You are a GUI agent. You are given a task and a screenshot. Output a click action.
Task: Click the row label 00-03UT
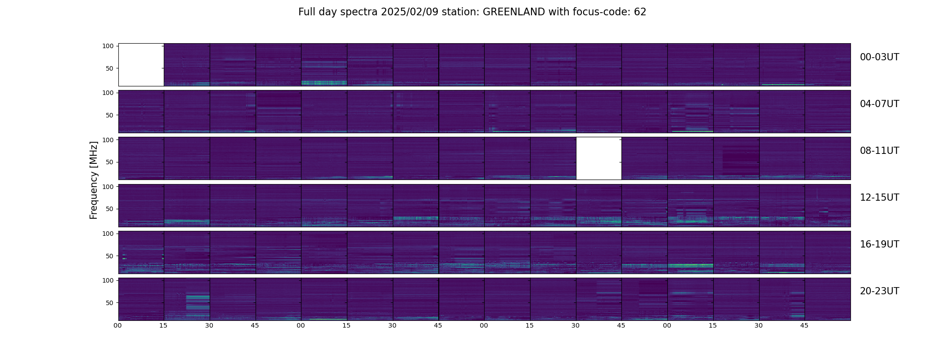pyautogui.click(x=879, y=57)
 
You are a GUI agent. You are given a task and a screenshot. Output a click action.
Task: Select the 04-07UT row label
pyautogui.click(x=879, y=104)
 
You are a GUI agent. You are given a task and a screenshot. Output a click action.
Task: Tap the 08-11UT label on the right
pyautogui.click(x=879, y=151)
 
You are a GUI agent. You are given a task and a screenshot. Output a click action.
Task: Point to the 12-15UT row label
pyautogui.click(x=879, y=198)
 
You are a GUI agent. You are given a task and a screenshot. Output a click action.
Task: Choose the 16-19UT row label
pyautogui.click(x=879, y=244)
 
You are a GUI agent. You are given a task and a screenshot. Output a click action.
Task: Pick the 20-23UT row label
pyautogui.click(x=879, y=291)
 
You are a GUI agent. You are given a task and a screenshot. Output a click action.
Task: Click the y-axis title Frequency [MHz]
pyautogui.click(x=94, y=180)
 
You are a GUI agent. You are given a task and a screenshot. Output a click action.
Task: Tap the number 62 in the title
pyautogui.click(x=640, y=12)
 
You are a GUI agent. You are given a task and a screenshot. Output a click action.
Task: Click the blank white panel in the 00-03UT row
pyautogui.click(x=141, y=65)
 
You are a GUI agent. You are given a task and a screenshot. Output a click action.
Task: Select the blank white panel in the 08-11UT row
pyautogui.click(x=599, y=158)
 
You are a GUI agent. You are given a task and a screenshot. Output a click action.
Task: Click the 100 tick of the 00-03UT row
pyautogui.click(x=108, y=46)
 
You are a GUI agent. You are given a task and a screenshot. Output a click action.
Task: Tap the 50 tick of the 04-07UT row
pyautogui.click(x=110, y=115)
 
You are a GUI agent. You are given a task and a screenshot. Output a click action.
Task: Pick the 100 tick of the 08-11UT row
pyautogui.click(x=108, y=140)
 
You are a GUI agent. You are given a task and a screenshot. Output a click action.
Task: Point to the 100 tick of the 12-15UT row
pyautogui.click(x=108, y=186)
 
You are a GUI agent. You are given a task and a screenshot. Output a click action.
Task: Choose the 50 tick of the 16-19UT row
pyautogui.click(x=110, y=256)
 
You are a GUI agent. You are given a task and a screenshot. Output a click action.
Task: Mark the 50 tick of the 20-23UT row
pyautogui.click(x=110, y=303)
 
